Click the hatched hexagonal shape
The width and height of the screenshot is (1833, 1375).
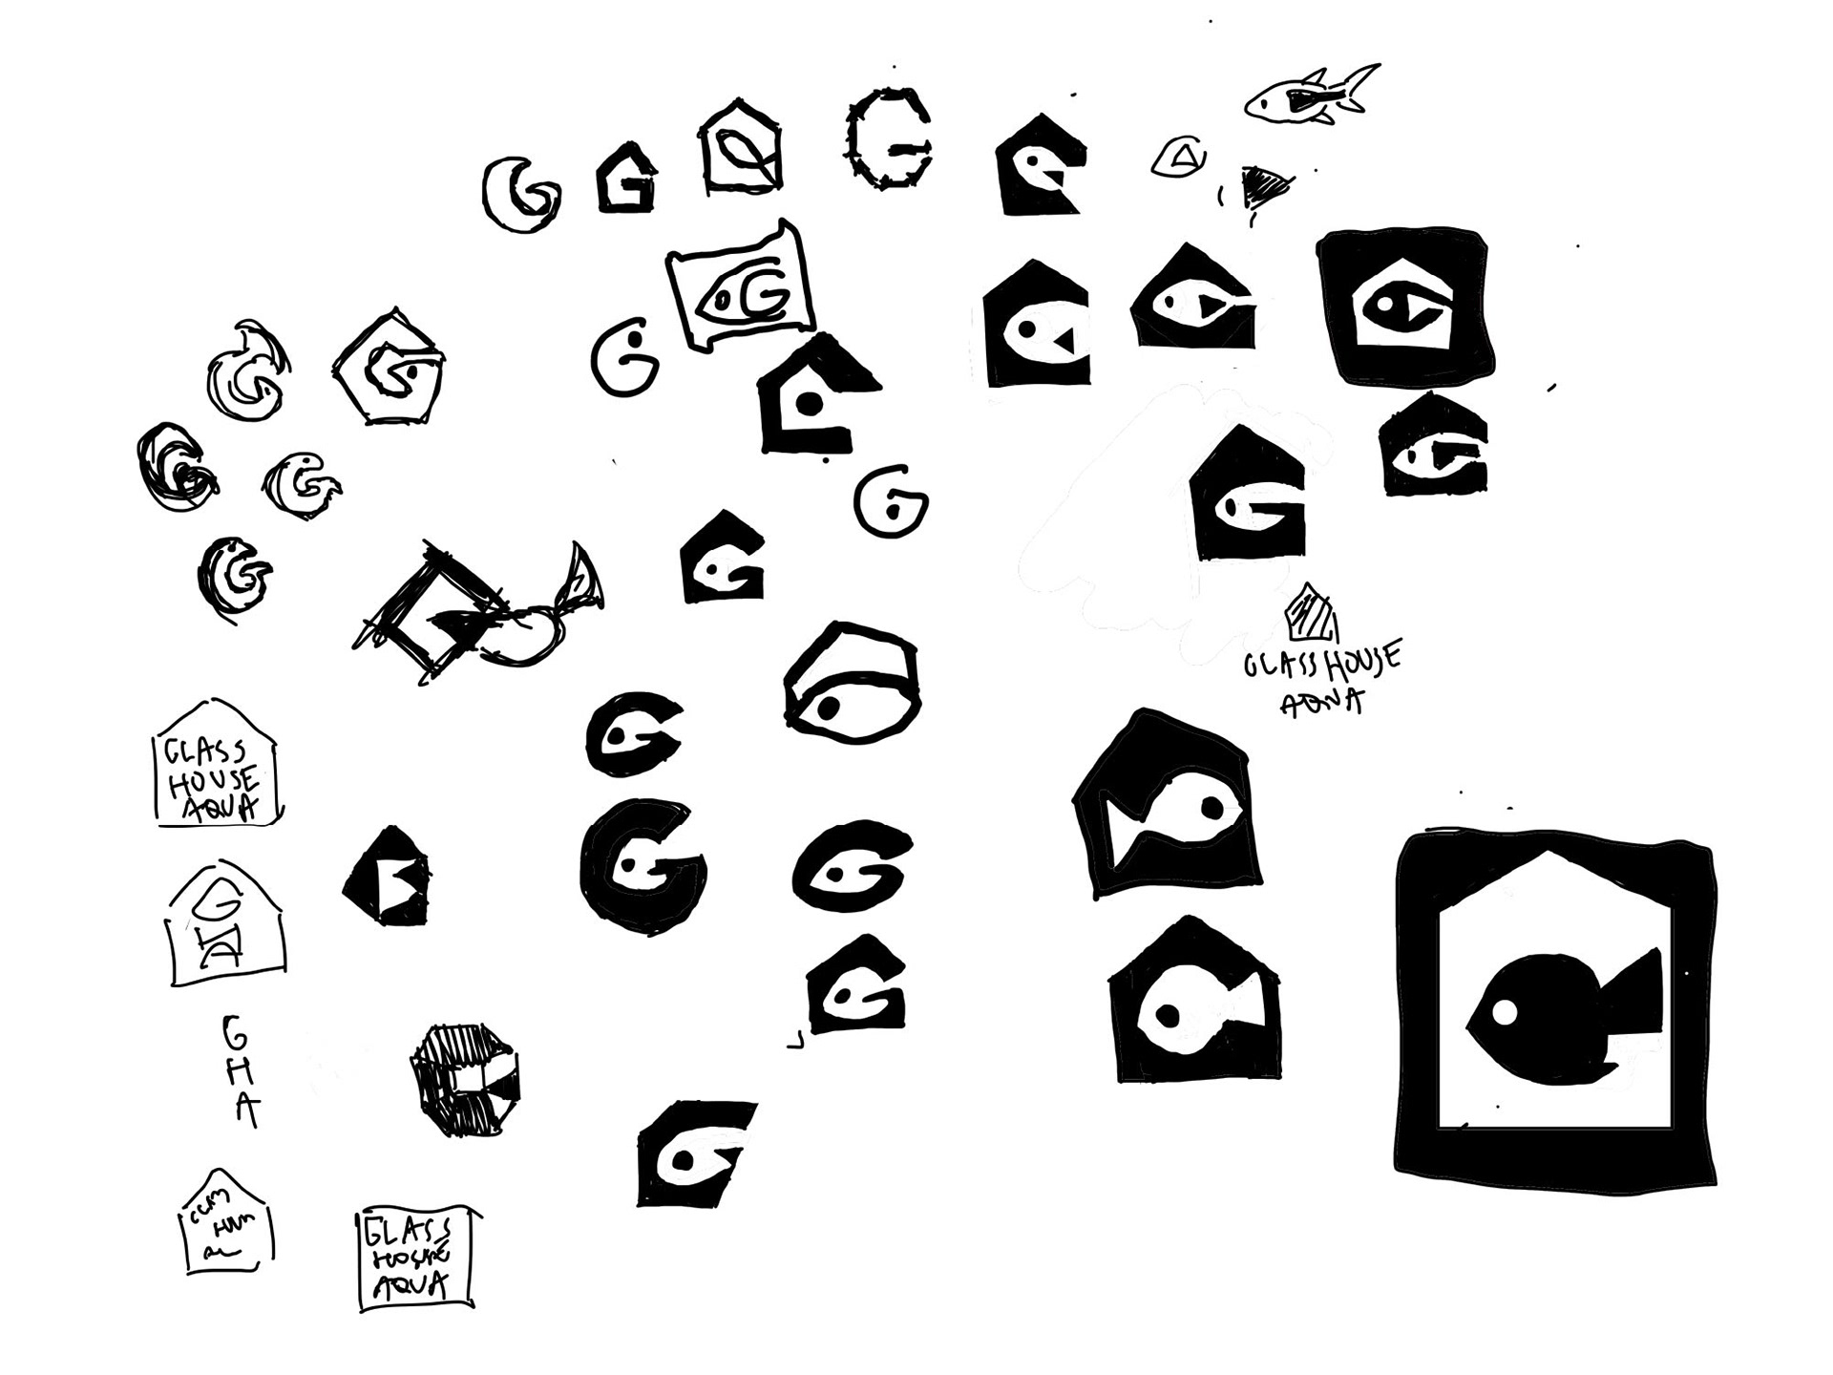tap(464, 1079)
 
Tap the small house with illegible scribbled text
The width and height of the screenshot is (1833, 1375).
tap(226, 1223)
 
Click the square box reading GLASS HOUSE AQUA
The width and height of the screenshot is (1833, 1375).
tap(415, 1259)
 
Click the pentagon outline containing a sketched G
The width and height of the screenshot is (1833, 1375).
tap(390, 368)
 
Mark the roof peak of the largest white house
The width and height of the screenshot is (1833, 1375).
tap(1555, 859)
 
